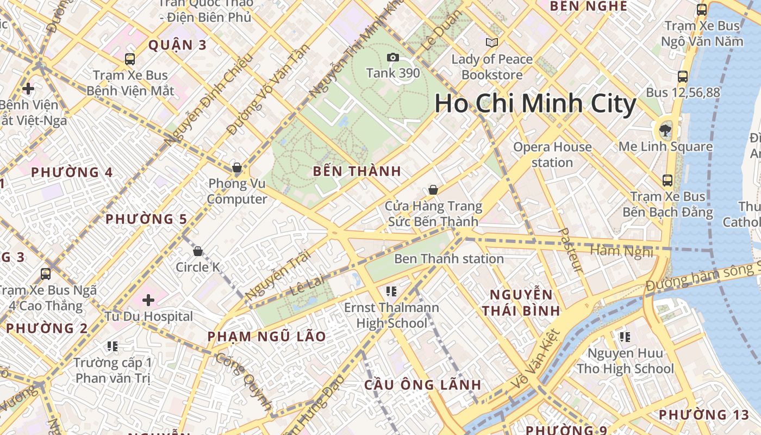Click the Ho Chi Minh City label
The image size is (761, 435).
535,103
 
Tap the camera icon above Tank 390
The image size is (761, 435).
392,57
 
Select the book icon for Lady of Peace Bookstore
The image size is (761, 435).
492,42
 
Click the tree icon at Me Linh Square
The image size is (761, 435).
664,130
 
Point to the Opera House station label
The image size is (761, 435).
552,154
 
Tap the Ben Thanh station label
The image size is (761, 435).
448,258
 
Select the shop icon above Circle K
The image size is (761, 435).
198,251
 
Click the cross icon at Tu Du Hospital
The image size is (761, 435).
148,300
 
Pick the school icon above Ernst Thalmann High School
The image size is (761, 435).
391,292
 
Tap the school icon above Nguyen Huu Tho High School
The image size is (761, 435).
625,337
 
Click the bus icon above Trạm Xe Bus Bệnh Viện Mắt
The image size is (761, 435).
129,59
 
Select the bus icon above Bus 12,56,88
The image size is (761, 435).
683,77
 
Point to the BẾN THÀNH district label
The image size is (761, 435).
357,171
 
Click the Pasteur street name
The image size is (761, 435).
571,251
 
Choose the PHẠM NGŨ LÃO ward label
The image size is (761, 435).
266,337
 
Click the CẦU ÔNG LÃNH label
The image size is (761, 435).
422,385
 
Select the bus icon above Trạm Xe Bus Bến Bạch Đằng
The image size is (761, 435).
668,180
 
